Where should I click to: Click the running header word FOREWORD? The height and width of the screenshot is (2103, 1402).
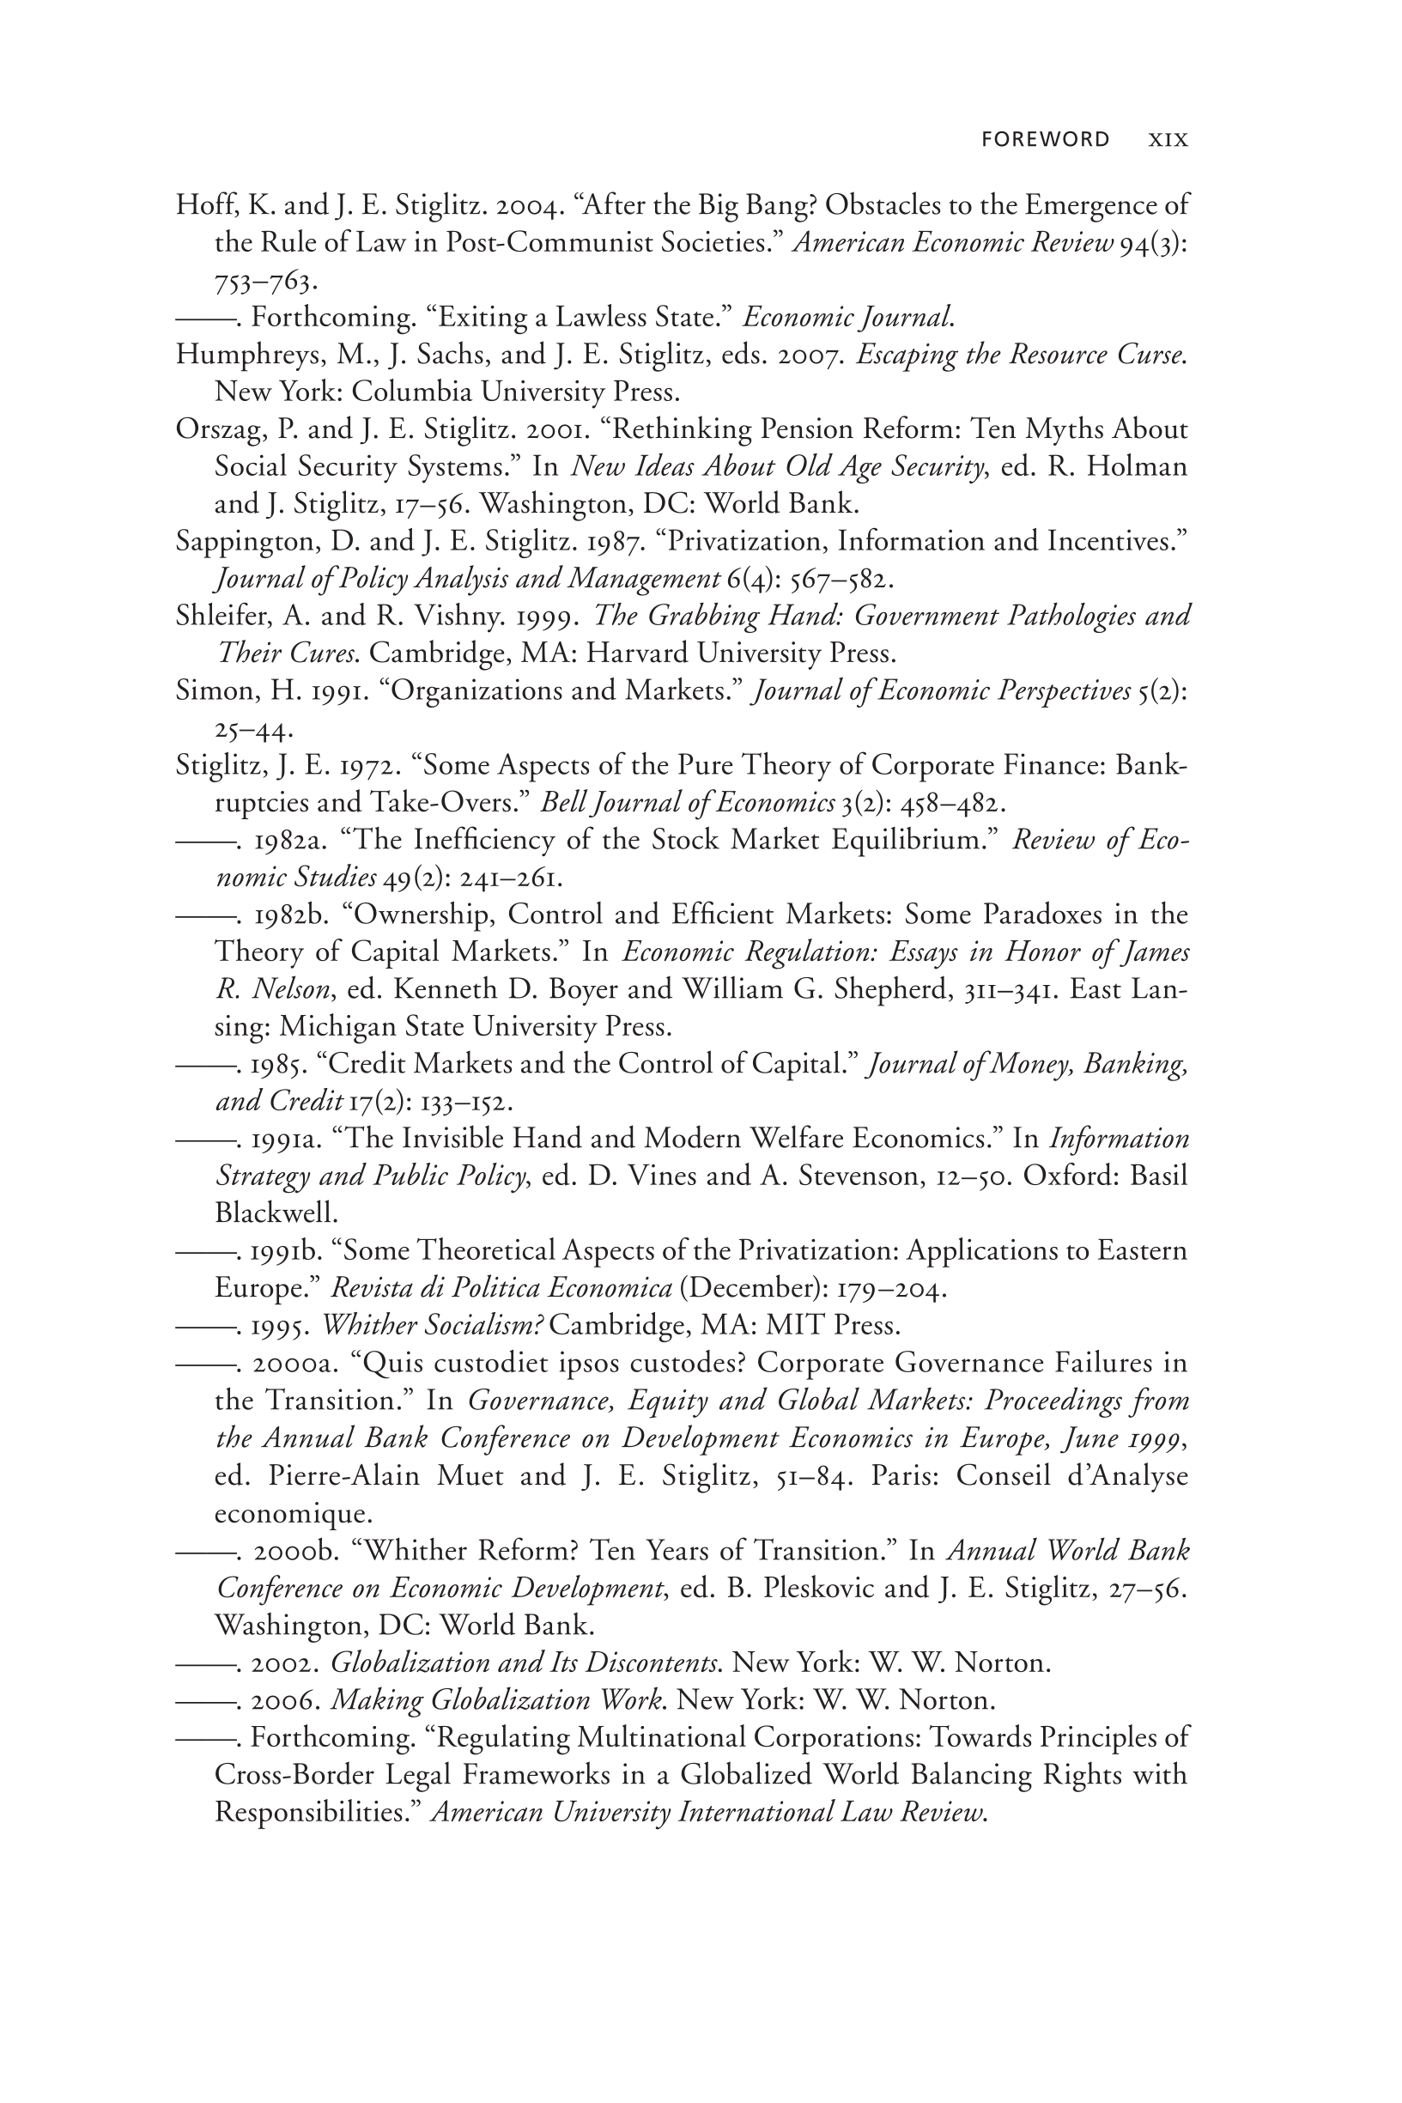coord(1045,139)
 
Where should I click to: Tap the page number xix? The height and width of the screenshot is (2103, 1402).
coord(1168,140)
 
